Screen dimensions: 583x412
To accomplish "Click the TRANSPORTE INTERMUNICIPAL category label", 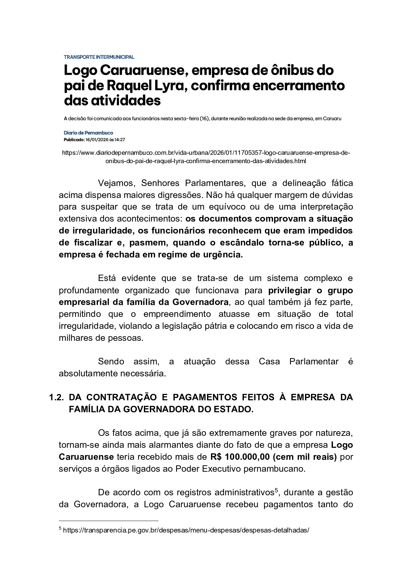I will [99, 57].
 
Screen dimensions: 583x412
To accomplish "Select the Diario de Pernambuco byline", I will [88, 133].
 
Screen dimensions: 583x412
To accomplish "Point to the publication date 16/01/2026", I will [97, 140].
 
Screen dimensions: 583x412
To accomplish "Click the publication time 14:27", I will [120, 140].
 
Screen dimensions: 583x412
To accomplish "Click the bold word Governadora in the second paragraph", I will [200, 302].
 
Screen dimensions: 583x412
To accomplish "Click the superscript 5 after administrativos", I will [276, 490].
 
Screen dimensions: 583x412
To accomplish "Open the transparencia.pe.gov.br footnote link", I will [186, 531].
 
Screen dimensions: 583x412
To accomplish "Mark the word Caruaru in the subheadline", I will [332, 119].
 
